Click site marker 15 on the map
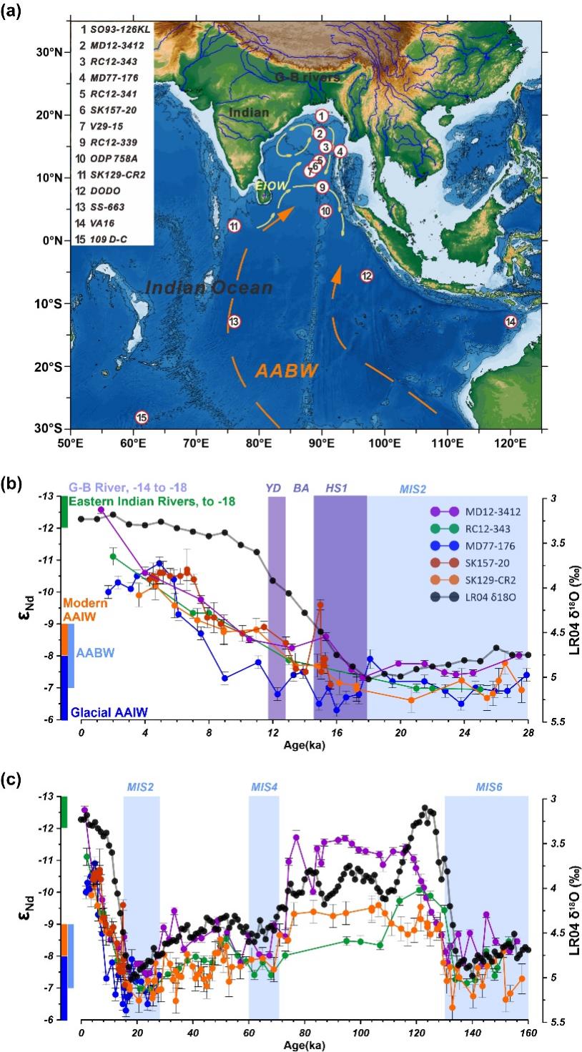142,417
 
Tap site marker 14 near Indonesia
511,321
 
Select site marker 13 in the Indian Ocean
234,322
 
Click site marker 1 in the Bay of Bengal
322,116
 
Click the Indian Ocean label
209,287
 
